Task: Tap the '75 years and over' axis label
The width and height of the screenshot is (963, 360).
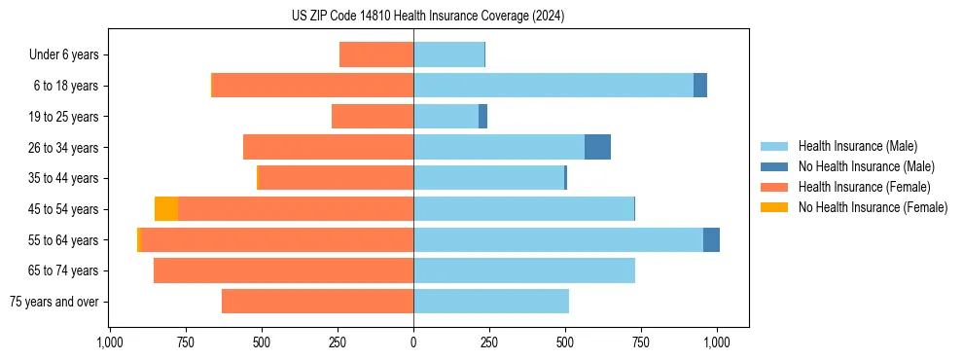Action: [x=53, y=302]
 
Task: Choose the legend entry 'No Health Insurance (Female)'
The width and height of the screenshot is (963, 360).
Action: [x=873, y=207]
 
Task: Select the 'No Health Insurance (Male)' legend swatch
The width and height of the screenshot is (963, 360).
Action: [x=775, y=166]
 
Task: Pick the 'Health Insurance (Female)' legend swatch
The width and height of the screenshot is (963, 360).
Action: [x=775, y=187]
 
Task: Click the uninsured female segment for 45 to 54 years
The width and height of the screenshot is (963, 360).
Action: [x=166, y=209]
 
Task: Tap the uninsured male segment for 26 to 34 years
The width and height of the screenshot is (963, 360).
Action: [x=597, y=147]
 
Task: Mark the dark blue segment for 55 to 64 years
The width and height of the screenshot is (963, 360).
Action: [x=711, y=239]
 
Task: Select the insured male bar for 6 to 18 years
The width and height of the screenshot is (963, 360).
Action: [x=553, y=86]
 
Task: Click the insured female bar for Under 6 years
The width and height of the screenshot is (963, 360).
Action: [x=376, y=54]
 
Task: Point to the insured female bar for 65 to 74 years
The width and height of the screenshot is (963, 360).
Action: [x=283, y=270]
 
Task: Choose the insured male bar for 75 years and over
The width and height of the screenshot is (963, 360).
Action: [x=491, y=302]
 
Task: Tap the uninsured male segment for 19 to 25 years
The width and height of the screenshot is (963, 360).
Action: [x=482, y=117]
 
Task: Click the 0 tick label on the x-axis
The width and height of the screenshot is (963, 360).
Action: [x=413, y=342]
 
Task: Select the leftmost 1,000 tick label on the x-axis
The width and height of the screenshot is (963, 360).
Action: [x=110, y=342]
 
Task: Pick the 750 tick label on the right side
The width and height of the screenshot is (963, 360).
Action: [x=641, y=342]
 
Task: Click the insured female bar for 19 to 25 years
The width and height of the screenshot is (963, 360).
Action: [x=373, y=117]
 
